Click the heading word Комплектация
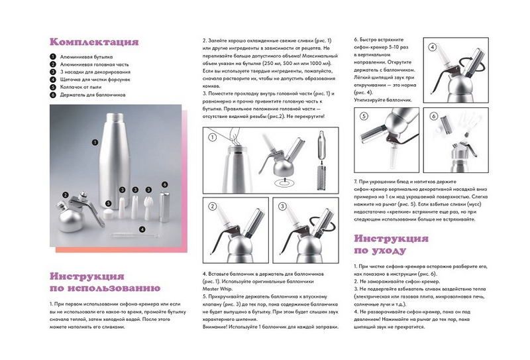[94, 42]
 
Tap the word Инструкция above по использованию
[87, 276]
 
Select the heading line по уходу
[380, 251]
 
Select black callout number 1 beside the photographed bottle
[95, 142]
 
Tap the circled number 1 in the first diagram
[213, 139]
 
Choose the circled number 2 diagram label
[213, 207]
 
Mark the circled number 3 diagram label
[282, 207]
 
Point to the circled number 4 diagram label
[432, 48]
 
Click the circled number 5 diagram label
[364, 117]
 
